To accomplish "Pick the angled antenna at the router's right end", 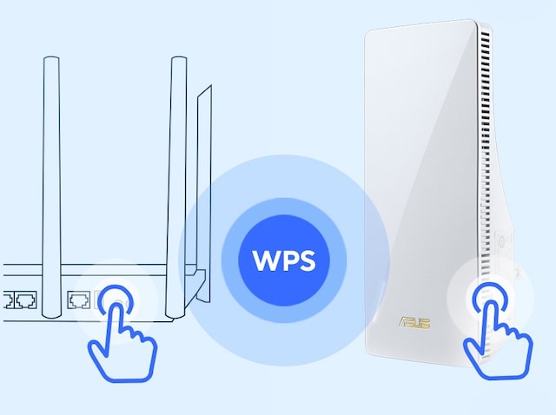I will coord(205,174).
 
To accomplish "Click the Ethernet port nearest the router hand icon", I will coord(78,300).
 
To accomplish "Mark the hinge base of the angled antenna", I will coord(199,282).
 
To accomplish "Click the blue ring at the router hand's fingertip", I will coord(116,300).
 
